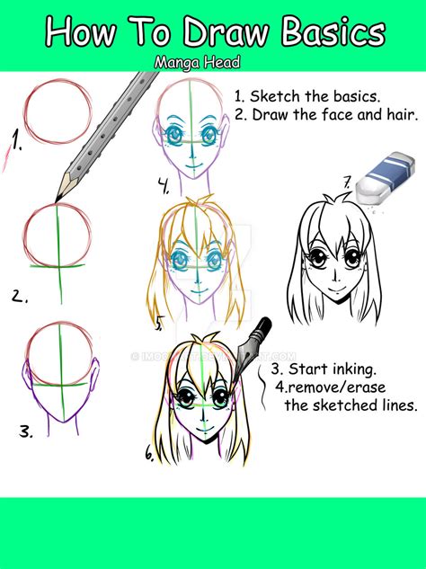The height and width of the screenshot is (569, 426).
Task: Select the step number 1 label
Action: click(13, 140)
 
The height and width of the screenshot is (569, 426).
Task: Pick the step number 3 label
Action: click(25, 431)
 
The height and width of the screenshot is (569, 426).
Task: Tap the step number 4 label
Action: click(164, 188)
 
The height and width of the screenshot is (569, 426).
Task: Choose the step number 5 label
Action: click(159, 321)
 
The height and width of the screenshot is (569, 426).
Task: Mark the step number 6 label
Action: click(150, 454)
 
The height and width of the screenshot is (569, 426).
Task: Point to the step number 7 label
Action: click(346, 185)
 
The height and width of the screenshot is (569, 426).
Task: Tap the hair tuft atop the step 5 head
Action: click(199, 213)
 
